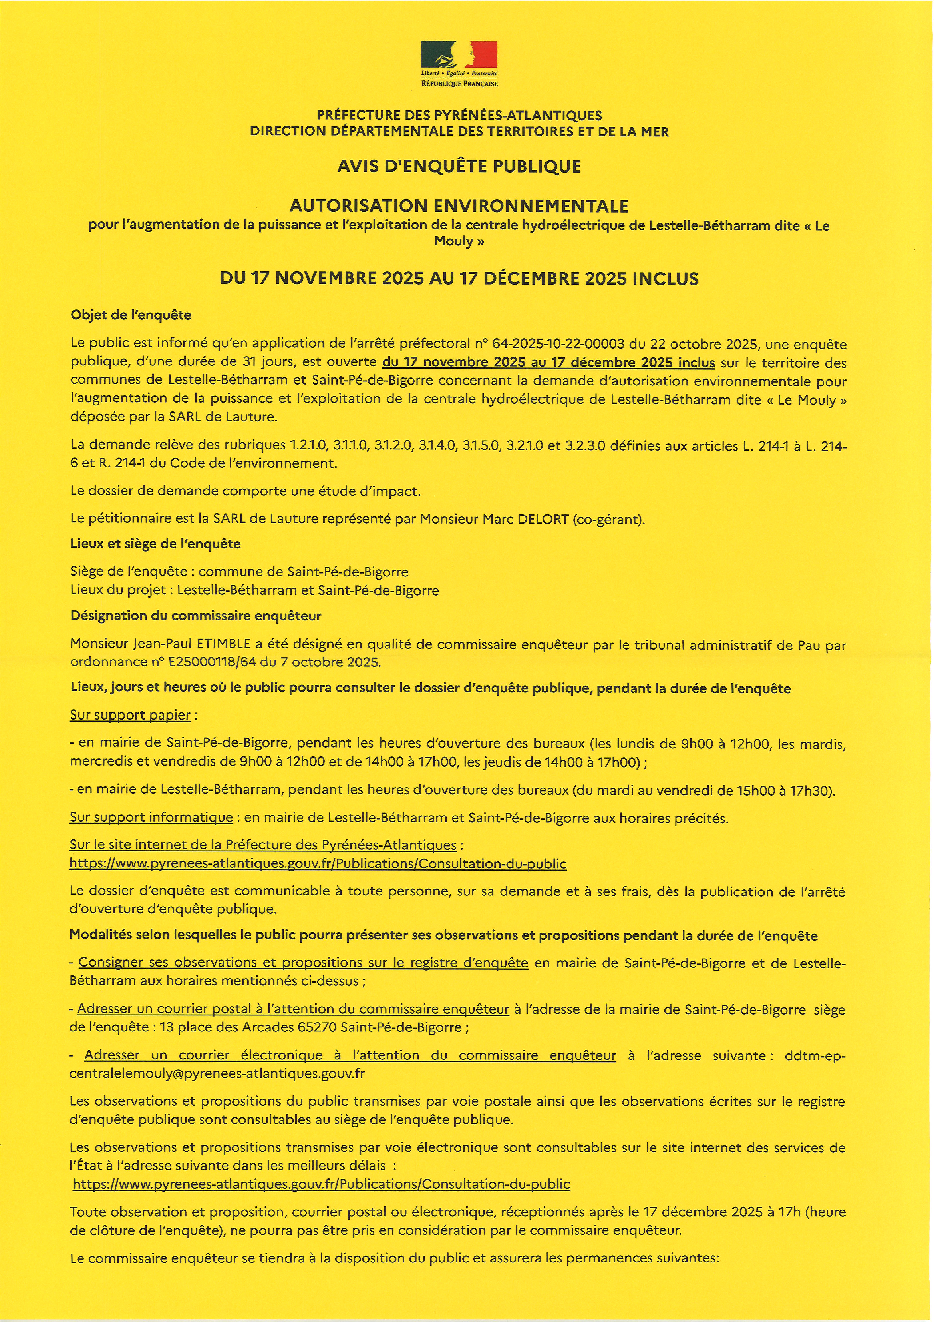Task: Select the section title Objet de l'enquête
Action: [131, 315]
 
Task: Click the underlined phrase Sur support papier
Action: [130, 715]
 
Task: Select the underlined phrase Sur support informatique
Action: [151, 817]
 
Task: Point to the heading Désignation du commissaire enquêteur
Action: [196, 616]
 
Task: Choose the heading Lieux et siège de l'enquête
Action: [155, 544]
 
